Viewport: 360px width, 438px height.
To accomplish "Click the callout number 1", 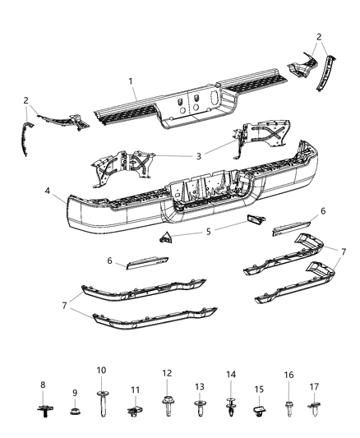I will point(130,81).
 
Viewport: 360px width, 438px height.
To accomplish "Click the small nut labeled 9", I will point(75,408).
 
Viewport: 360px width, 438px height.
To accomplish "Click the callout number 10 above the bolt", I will point(102,371).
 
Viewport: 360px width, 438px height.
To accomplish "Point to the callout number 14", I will point(231,375).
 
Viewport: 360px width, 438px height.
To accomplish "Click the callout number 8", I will point(44,385).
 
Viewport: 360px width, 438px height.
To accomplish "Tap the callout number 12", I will point(167,373).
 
